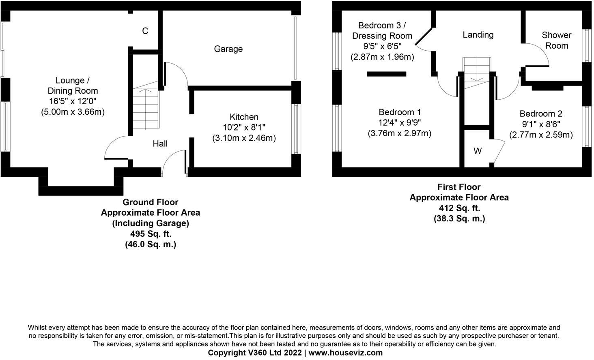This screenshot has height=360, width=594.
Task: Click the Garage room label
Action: click(228, 49)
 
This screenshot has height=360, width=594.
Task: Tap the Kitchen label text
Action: click(244, 117)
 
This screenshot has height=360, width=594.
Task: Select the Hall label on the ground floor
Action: click(160, 144)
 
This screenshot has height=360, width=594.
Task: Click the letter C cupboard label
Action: click(145, 31)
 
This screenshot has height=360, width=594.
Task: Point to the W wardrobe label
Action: click(478, 151)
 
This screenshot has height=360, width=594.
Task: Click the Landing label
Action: click(478, 35)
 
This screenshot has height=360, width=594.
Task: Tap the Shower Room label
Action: click(556, 40)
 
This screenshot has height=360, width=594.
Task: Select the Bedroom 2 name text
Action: click(541, 114)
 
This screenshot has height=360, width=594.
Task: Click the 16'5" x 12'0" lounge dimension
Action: click(73, 101)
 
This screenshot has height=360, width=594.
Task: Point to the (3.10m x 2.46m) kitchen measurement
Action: click(244, 138)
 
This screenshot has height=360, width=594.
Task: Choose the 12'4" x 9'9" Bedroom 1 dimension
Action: click(400, 122)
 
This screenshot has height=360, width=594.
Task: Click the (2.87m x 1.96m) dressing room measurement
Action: click(382, 57)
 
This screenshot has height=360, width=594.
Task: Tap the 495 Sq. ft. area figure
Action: click(151, 234)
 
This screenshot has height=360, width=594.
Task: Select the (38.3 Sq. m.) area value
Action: click(459, 219)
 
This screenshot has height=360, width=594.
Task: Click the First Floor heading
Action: click(459, 187)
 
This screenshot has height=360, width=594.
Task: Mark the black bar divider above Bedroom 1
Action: click(386, 74)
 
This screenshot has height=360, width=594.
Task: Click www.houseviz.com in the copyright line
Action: click(346, 353)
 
